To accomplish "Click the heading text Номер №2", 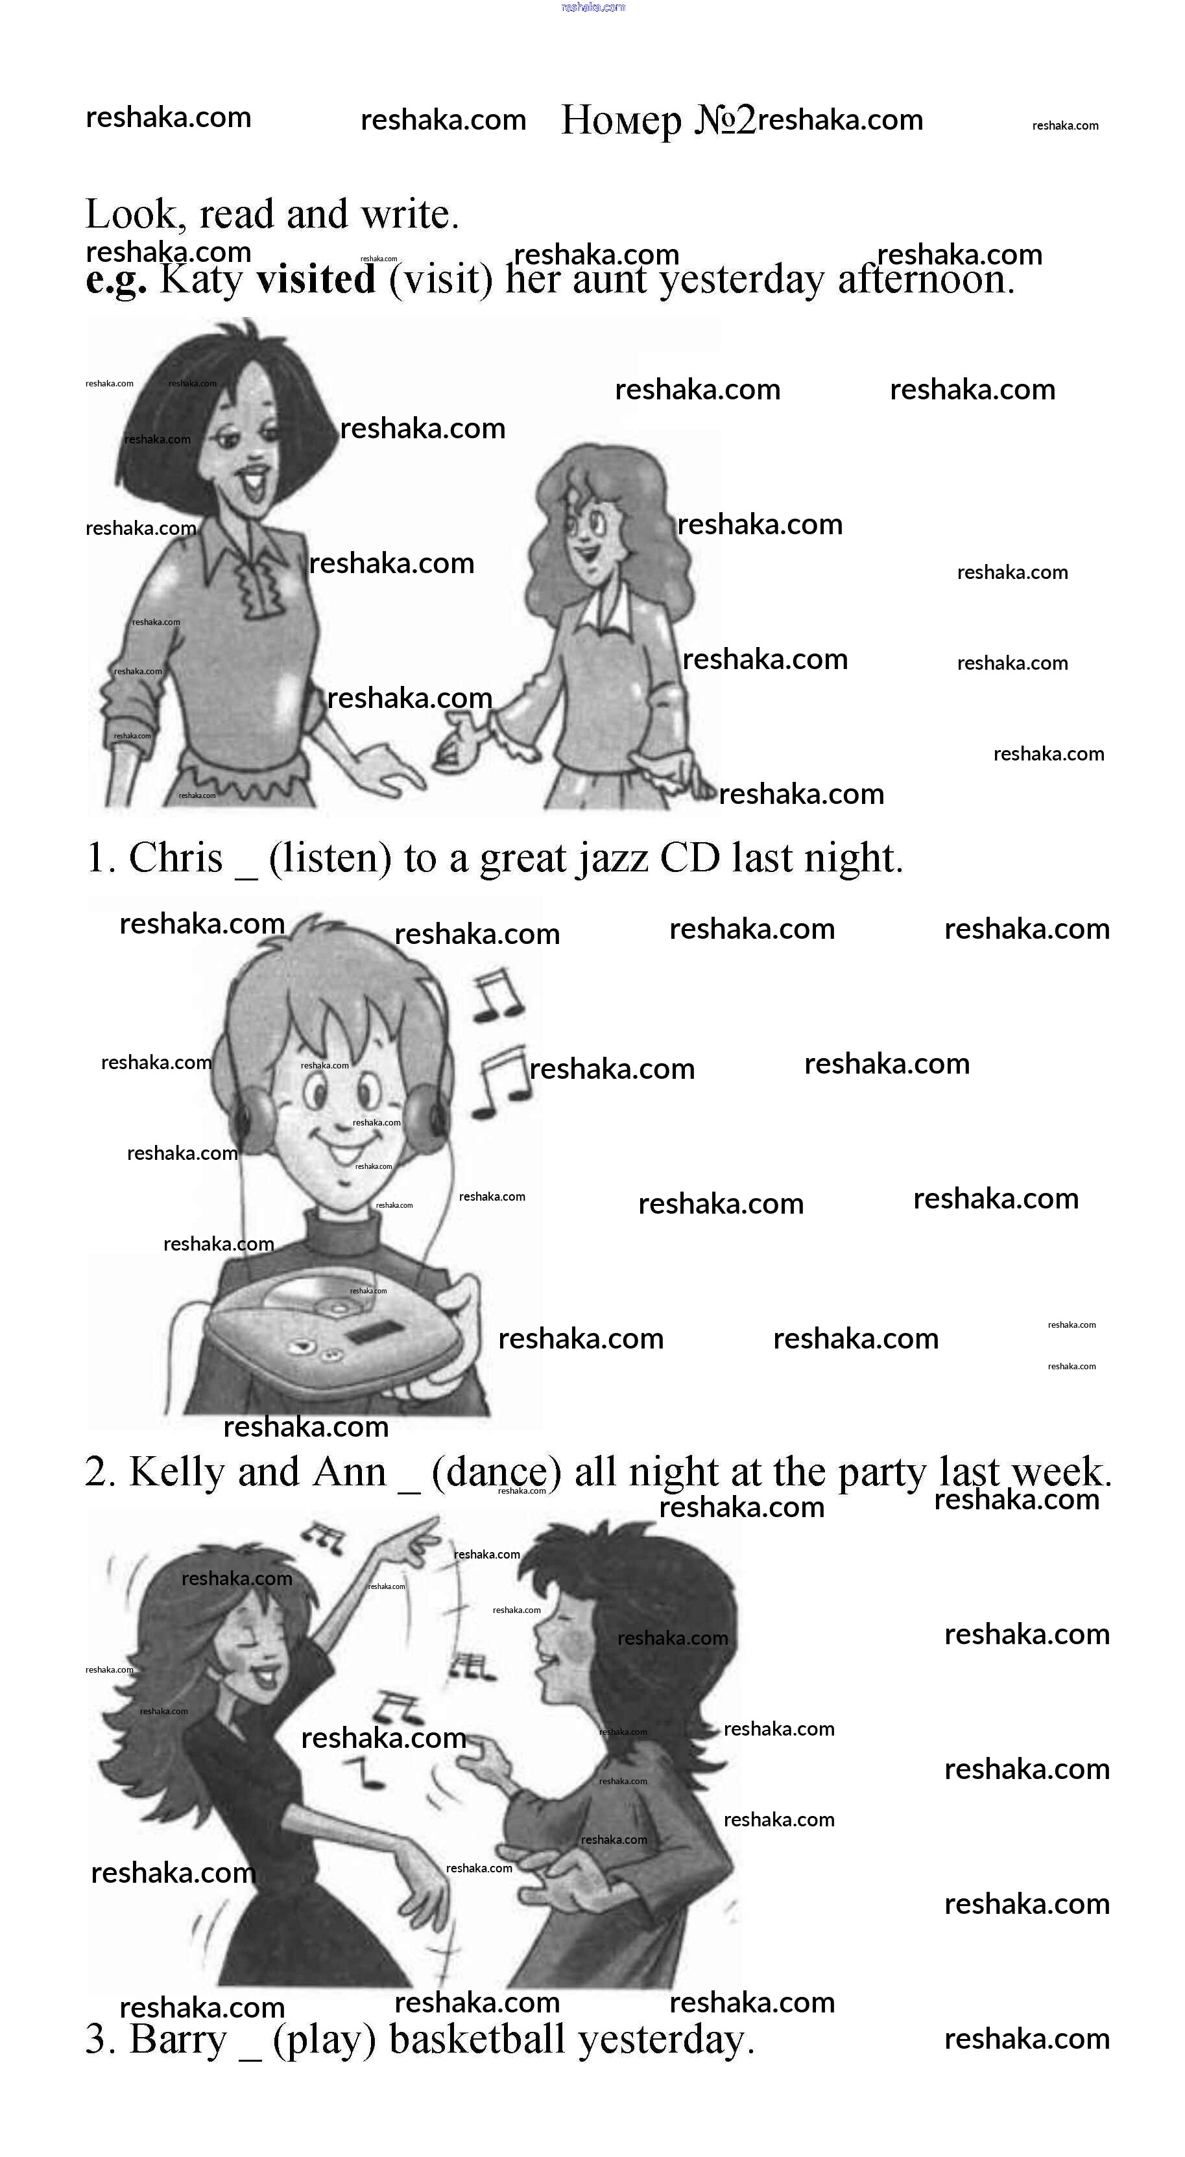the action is point(658,120).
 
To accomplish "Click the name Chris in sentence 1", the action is point(176,858).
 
